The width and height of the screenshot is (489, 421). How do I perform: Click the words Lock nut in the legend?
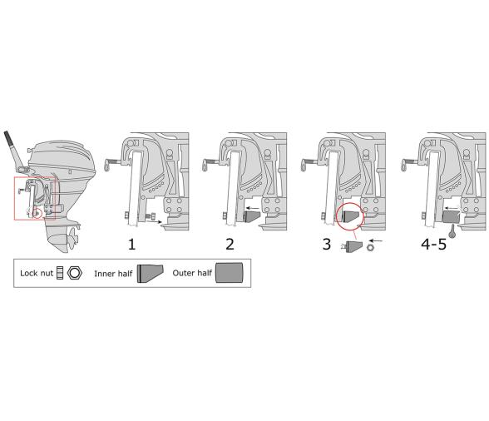point(38,272)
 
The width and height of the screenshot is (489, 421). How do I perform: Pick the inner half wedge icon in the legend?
point(151,272)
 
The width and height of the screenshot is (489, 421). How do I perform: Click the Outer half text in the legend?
point(192,272)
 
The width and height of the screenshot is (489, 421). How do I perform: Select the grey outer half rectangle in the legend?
point(230,272)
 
